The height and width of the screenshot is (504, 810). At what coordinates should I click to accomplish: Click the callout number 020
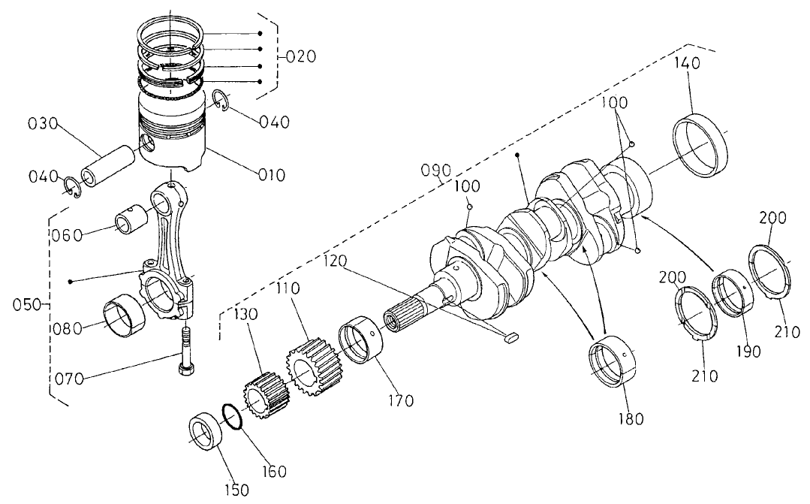tap(302, 57)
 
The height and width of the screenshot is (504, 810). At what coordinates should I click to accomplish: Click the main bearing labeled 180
tap(613, 364)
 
